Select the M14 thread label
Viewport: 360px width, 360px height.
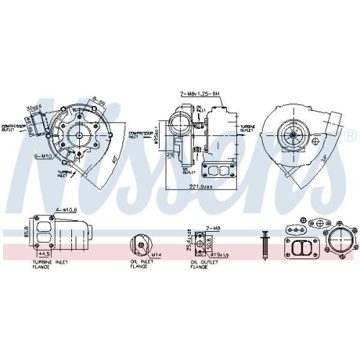click(156, 254)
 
